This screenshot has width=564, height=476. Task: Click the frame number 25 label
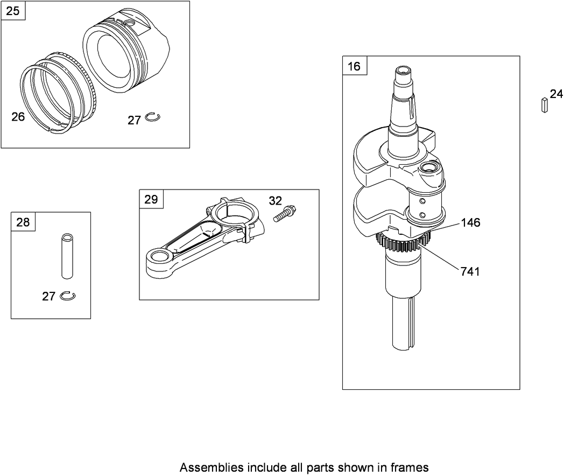[x=12, y=11]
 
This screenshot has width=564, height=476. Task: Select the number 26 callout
[x=18, y=116]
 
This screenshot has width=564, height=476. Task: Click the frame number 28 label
[x=23, y=222]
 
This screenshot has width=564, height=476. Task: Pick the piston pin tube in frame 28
[x=67, y=256]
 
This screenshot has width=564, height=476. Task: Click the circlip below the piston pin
[x=68, y=296]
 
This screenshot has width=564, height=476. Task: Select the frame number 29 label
[x=151, y=199]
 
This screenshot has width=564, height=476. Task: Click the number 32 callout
[x=276, y=201]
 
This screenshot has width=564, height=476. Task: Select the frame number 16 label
[x=354, y=66]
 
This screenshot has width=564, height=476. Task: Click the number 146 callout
[x=470, y=223]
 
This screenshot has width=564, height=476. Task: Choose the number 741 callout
[x=470, y=271]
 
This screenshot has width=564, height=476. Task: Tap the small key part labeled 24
[x=545, y=105]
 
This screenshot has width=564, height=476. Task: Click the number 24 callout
[x=556, y=94]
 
